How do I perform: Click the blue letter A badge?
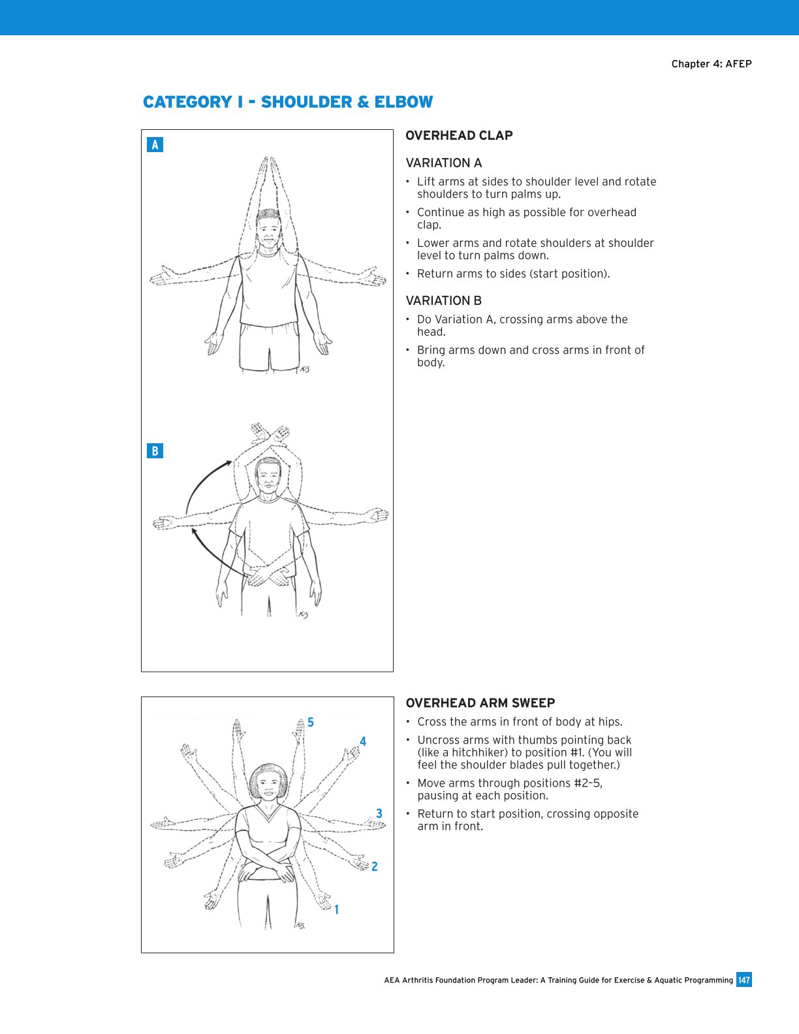(x=155, y=145)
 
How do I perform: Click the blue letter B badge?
(x=155, y=451)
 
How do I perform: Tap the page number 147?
(x=744, y=980)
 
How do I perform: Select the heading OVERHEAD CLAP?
(x=459, y=136)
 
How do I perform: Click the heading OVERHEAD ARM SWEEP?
(x=480, y=703)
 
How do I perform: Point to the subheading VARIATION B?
(x=443, y=301)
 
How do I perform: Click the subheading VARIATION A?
(x=443, y=163)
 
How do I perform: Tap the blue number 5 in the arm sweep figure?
(x=311, y=723)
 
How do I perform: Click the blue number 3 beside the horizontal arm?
(x=379, y=813)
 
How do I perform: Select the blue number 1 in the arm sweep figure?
(x=336, y=910)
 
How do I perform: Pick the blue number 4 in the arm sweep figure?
(x=363, y=742)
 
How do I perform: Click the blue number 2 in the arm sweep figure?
(x=374, y=867)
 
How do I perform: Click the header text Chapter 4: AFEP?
(x=712, y=64)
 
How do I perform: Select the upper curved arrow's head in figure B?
(x=228, y=463)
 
